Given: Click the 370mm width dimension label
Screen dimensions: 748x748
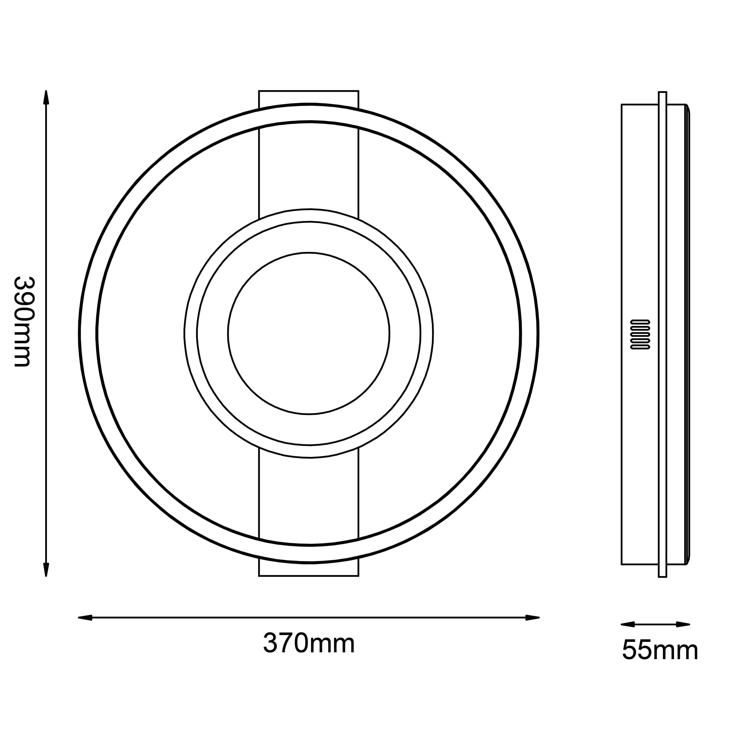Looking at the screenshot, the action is click(x=309, y=643).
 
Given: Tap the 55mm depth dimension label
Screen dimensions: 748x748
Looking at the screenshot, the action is click(x=660, y=650).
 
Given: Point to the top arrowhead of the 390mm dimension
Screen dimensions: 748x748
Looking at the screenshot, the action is click(x=46, y=98).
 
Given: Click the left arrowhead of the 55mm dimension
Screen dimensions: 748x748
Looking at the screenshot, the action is click(x=628, y=624).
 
